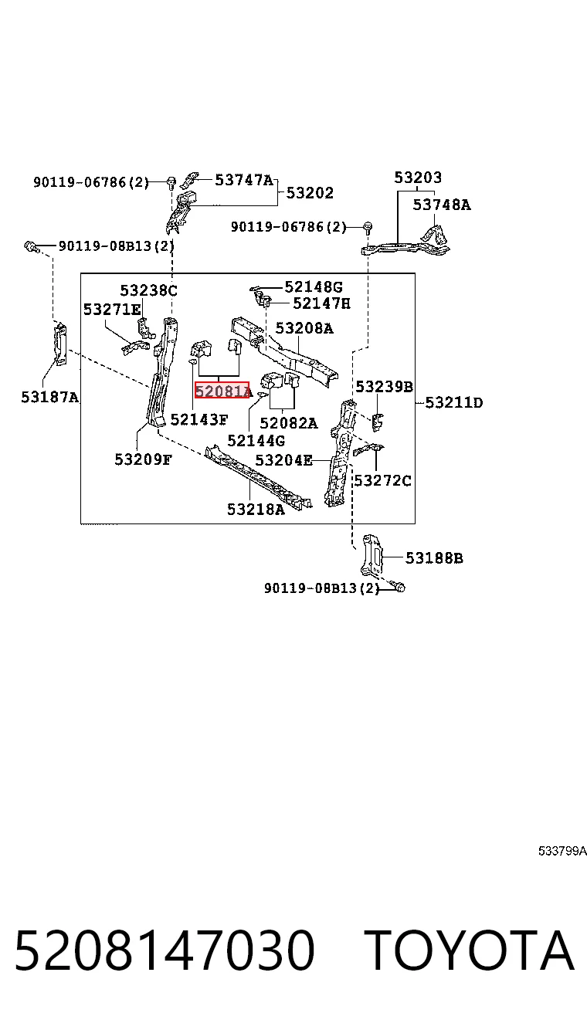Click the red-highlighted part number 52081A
click(x=223, y=391)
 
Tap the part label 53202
click(x=310, y=193)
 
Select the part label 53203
click(x=418, y=177)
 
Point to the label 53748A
click(x=442, y=205)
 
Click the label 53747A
click(x=244, y=179)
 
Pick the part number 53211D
click(x=454, y=403)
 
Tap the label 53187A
click(x=50, y=397)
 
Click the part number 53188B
click(x=434, y=557)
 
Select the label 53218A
click(x=256, y=509)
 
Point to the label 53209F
click(x=143, y=459)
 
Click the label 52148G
click(x=314, y=287)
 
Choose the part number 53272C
click(x=383, y=480)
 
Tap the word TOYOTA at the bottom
click(x=470, y=950)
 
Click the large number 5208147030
click(x=165, y=950)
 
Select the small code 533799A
click(x=562, y=851)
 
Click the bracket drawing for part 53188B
click(x=372, y=555)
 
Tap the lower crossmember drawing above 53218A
click(x=259, y=476)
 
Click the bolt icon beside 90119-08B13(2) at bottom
click(x=399, y=587)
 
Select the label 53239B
click(x=385, y=387)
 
